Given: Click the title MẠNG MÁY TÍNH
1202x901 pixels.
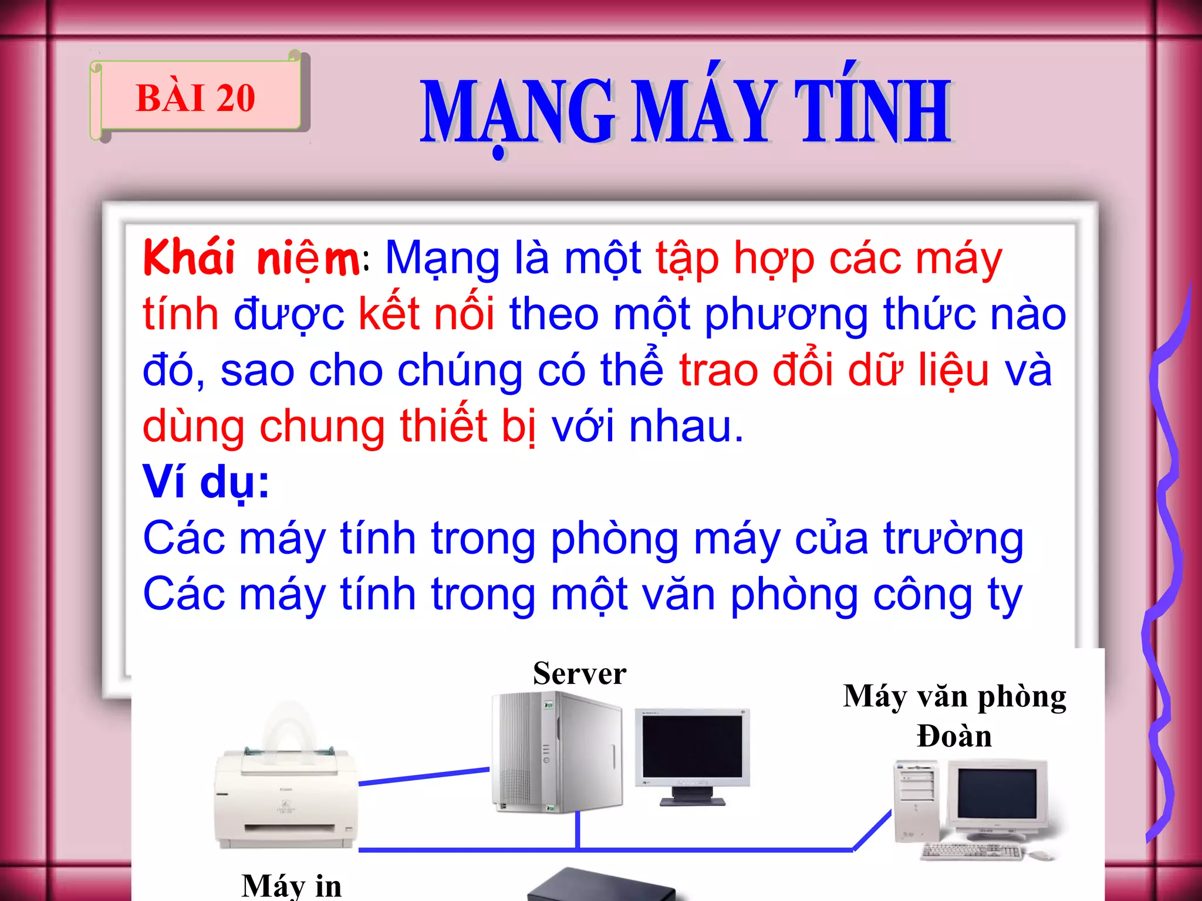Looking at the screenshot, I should pyautogui.click(x=686, y=111).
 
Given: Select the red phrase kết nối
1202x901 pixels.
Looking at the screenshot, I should pyautogui.click(x=427, y=314).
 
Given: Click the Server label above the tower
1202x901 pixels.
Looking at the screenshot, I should pyautogui.click(x=579, y=673).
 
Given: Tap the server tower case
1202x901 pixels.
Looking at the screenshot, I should pyautogui.click(x=556, y=752).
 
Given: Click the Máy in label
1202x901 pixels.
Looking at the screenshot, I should pyautogui.click(x=291, y=885).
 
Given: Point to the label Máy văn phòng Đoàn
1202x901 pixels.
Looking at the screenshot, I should pyautogui.click(x=954, y=716).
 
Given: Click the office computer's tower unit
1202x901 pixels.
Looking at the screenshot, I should pyautogui.click(x=916, y=801).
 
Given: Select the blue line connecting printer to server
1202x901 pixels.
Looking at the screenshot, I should pyautogui.click(x=424, y=776).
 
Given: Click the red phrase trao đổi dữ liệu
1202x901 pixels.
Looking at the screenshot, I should pyautogui.click(x=834, y=370).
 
